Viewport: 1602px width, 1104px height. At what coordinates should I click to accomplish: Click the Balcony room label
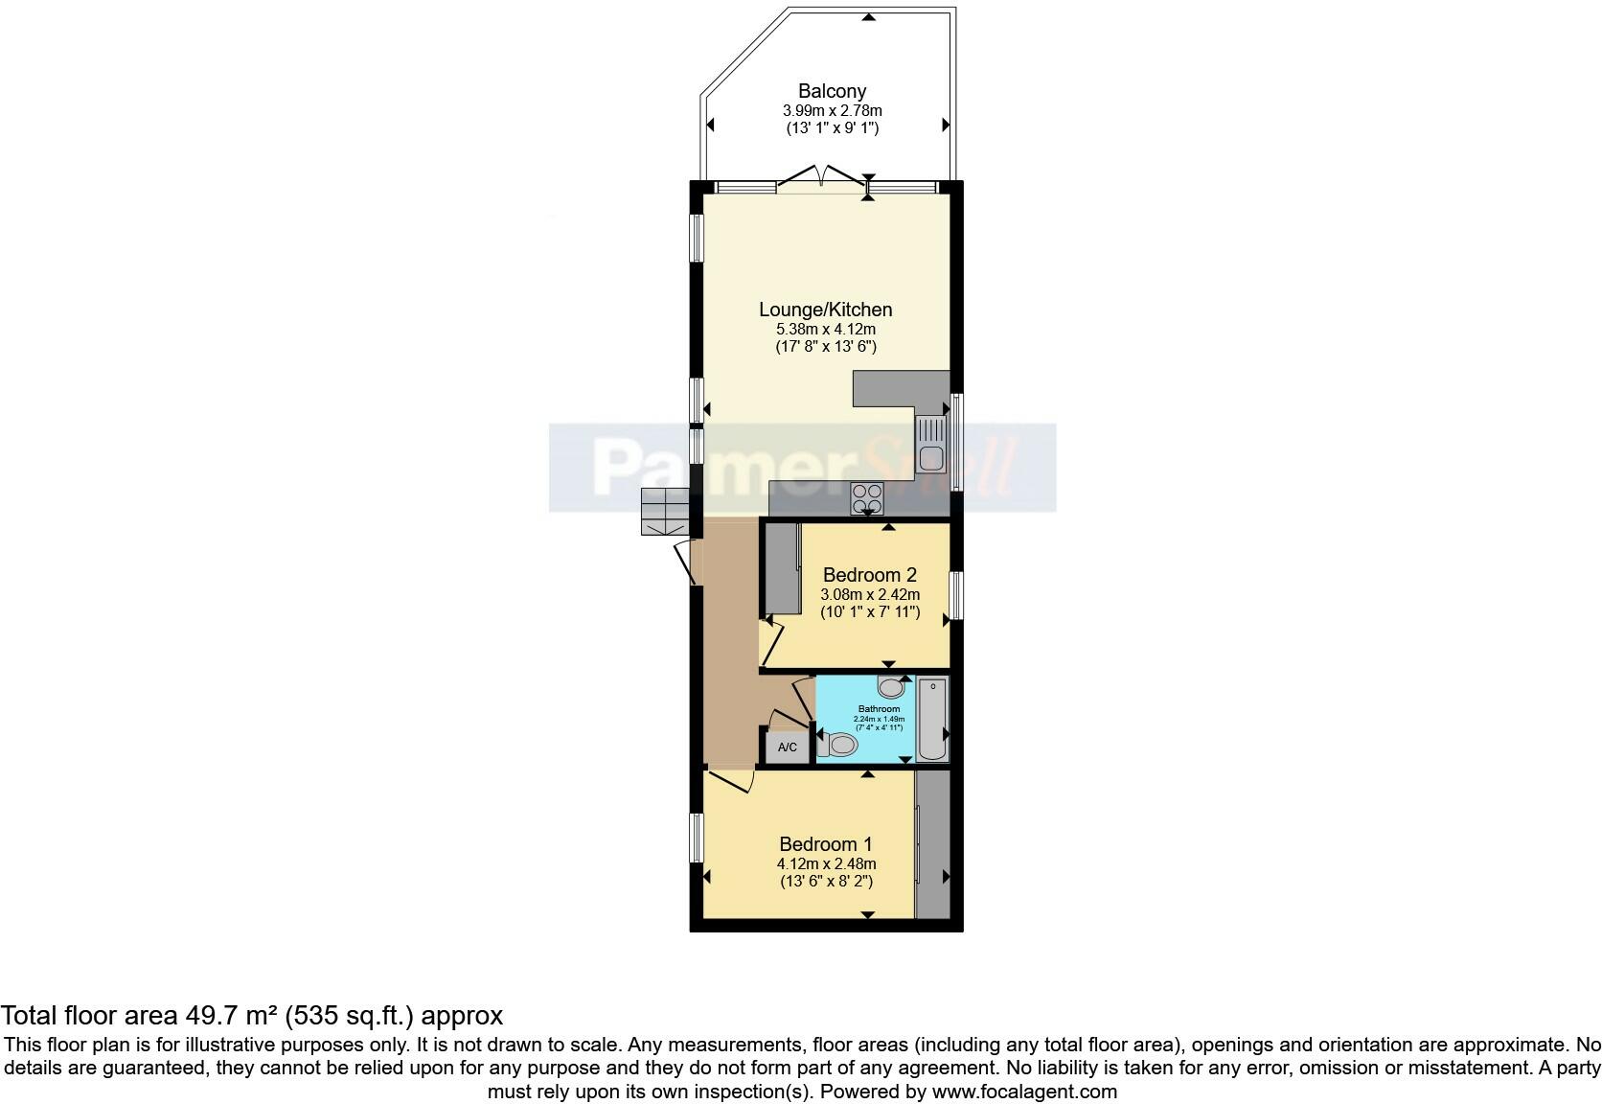click(832, 91)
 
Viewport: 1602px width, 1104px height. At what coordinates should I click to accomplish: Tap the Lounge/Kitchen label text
click(825, 310)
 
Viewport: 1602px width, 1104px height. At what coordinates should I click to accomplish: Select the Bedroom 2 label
click(869, 575)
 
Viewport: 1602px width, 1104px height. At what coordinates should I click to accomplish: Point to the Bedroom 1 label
click(825, 844)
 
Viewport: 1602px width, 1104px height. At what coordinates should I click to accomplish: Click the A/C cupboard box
click(788, 747)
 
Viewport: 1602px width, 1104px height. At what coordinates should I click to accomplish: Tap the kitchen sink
click(930, 447)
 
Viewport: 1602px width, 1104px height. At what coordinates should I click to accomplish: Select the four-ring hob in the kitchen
click(868, 497)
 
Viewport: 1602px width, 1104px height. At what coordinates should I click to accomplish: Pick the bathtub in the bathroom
click(932, 719)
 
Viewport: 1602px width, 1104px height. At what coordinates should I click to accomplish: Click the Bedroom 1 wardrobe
click(931, 844)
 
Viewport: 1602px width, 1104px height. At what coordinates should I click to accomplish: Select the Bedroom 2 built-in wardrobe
click(782, 568)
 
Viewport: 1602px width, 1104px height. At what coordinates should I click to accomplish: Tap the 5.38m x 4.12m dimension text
click(825, 330)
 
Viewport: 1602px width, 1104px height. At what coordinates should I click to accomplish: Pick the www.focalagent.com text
click(1024, 1092)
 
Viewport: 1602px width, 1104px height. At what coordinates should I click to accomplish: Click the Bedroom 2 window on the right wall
click(956, 595)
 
